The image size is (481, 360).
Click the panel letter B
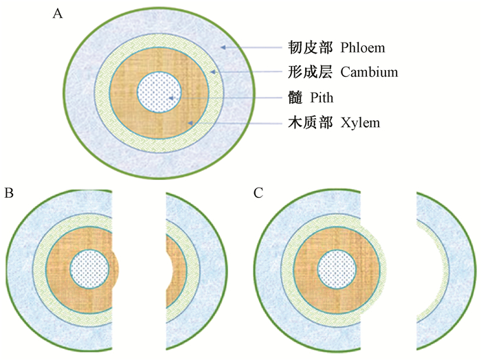(x=9, y=194)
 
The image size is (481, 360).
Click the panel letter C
(x=258, y=194)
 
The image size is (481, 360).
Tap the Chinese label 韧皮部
(x=304, y=49)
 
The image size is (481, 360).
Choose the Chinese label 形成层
(x=304, y=71)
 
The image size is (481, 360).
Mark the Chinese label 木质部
(x=304, y=124)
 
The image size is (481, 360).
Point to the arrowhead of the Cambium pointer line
(x=213, y=71)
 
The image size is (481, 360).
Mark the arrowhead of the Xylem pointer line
(x=194, y=123)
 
